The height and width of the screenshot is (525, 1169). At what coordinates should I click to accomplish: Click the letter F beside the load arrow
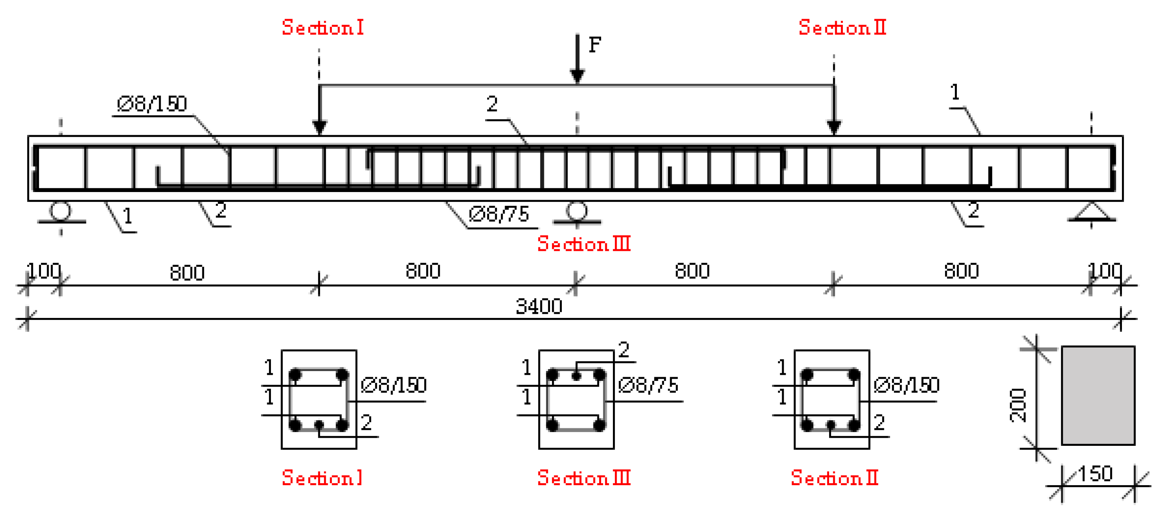(x=595, y=45)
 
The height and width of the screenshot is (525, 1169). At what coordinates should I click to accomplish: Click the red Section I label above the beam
(x=322, y=28)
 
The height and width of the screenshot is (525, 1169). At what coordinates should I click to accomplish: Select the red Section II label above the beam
(x=842, y=28)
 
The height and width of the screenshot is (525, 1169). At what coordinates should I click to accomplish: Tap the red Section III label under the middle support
(x=584, y=244)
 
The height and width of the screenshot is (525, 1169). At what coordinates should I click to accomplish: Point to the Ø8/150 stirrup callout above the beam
(x=152, y=104)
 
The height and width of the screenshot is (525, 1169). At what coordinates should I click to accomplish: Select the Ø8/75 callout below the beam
(x=499, y=214)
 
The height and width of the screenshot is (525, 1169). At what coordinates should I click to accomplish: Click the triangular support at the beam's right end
(x=1092, y=212)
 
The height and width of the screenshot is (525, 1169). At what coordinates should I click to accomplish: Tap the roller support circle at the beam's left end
(x=60, y=211)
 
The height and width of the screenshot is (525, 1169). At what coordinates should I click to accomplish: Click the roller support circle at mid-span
(x=577, y=211)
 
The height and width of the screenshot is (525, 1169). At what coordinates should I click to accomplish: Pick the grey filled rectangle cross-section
(x=1098, y=395)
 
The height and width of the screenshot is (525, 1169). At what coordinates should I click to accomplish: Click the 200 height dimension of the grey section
(x=1018, y=406)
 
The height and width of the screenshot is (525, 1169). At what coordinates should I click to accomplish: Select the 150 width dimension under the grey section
(x=1095, y=474)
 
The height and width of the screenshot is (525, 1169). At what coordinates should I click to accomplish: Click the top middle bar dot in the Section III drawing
(x=576, y=376)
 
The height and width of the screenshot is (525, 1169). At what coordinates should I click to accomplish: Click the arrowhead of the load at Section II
(x=834, y=127)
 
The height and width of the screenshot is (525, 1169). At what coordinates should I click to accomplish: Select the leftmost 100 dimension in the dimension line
(x=43, y=271)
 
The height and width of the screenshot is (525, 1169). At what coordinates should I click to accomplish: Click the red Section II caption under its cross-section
(x=834, y=478)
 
